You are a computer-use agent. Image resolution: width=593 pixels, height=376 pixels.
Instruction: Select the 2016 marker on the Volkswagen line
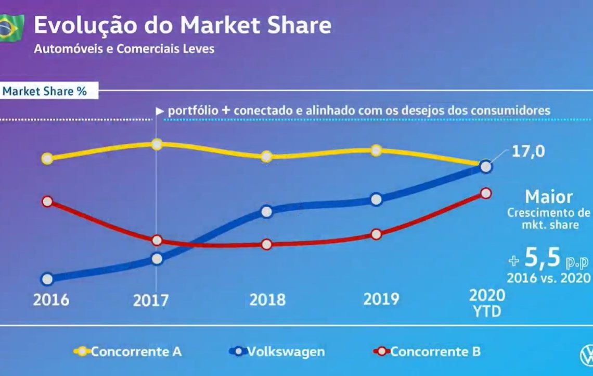(47, 279)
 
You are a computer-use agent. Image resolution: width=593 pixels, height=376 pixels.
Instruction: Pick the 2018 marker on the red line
(266, 244)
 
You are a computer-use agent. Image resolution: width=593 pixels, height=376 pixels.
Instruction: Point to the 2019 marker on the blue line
(377, 199)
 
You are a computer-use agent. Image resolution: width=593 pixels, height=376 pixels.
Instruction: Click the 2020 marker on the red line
(486, 193)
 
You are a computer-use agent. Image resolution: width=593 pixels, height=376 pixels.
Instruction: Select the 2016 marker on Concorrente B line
(47, 201)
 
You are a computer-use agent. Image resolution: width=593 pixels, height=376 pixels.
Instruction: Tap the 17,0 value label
(528, 152)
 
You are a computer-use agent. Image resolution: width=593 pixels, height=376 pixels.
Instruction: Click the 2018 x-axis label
(267, 300)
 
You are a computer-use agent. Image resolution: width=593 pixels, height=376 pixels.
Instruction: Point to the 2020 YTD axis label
(487, 303)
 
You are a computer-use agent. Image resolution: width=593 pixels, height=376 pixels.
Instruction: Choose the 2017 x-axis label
(151, 300)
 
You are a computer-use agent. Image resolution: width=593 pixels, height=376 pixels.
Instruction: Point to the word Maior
(549, 197)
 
